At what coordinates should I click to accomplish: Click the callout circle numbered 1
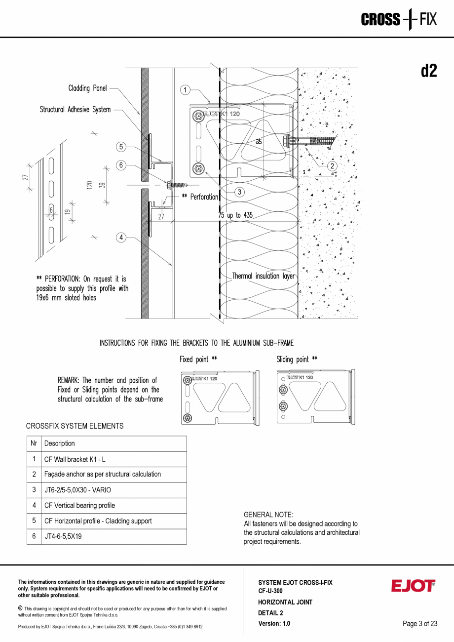point(185,90)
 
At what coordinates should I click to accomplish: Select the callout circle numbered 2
point(332,166)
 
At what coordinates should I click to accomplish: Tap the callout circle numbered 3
point(239,192)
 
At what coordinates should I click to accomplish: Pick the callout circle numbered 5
point(121,146)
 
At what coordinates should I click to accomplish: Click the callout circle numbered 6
point(121,165)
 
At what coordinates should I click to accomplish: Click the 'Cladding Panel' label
point(87,88)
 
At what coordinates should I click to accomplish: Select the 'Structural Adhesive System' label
point(75,110)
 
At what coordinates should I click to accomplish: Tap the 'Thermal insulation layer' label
point(263,276)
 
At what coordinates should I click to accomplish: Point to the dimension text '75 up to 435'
point(235,215)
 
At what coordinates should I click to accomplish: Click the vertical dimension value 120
point(90,185)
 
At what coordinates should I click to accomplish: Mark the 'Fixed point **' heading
point(198,360)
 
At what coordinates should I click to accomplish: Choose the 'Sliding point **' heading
point(297,360)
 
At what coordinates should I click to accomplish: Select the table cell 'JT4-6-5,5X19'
point(63,536)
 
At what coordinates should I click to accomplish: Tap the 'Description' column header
point(59,443)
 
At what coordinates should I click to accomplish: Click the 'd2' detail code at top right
point(428,72)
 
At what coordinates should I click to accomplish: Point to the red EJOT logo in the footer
point(413,586)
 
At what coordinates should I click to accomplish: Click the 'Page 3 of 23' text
point(420,624)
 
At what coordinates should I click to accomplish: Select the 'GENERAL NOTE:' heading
point(268,515)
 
